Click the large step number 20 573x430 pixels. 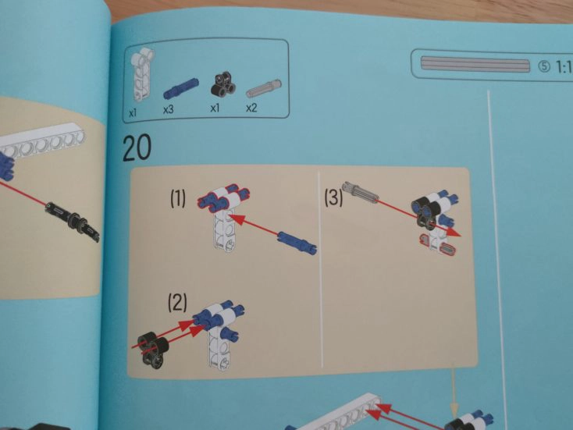(x=137, y=147)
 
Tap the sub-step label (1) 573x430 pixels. (x=178, y=199)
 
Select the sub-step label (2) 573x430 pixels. (x=177, y=302)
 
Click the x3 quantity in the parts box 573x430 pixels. (x=169, y=109)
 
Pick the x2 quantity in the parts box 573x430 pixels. (x=251, y=108)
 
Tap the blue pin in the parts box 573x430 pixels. (x=180, y=88)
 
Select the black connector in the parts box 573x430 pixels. (x=223, y=84)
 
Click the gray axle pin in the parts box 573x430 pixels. (x=264, y=88)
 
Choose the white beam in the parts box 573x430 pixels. (x=142, y=75)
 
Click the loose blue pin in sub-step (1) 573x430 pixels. (x=297, y=242)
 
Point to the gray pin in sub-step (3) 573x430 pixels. (x=361, y=191)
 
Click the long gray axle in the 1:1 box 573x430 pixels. (x=475, y=65)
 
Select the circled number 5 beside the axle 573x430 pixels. (x=544, y=66)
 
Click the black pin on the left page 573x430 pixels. (x=73, y=221)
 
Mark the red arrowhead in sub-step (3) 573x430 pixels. (x=454, y=233)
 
